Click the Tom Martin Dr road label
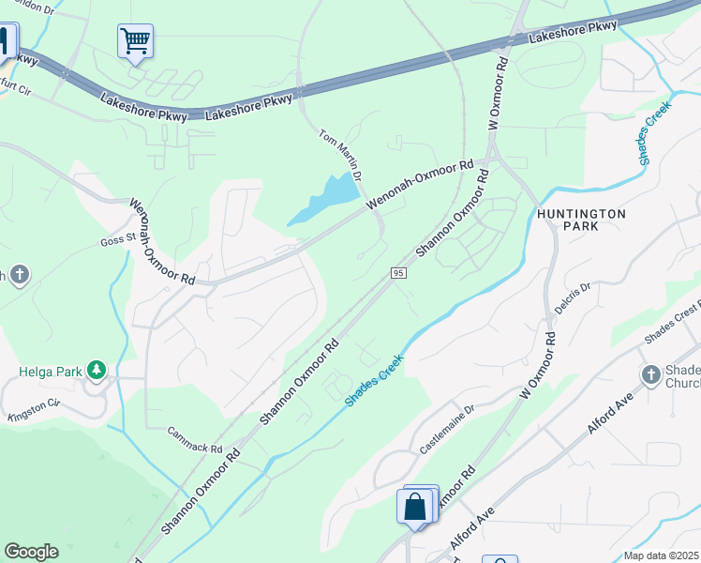point(340,155)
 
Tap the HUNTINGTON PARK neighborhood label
point(581,220)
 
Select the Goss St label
point(119,241)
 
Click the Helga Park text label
point(47,371)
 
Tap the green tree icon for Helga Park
point(96,371)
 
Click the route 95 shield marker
point(398,272)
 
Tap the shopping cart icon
point(135,41)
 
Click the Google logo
point(31,552)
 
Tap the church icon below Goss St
point(20,275)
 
